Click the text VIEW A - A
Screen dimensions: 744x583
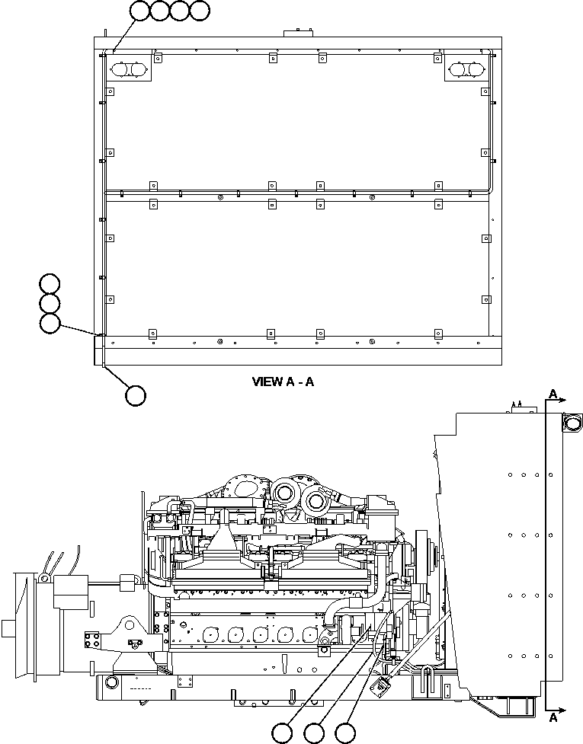283,382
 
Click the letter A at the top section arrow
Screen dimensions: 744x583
553,394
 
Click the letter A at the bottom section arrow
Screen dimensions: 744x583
553,717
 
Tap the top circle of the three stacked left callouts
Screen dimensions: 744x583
50,283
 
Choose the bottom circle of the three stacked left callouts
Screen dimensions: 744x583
50,323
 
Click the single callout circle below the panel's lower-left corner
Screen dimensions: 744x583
136,395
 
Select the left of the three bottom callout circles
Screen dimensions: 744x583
283,733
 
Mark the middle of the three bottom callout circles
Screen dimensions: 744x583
313,733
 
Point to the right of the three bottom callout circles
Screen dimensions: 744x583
345,733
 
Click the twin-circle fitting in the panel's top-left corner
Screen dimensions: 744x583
130,70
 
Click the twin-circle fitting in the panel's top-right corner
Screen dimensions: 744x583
467,70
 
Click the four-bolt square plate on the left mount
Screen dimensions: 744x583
92,637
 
